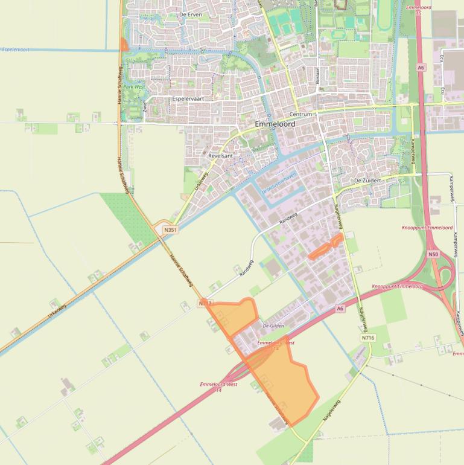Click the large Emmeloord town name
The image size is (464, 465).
coord(275,124)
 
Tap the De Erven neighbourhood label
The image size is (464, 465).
coord(190,14)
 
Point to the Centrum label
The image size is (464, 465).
coord(300,114)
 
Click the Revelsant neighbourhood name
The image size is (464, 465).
coord(220,155)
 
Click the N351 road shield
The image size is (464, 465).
coord(170,229)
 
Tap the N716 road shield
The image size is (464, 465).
coord(368,338)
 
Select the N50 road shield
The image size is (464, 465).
coord(433,254)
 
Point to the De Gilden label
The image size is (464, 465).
coord(273,325)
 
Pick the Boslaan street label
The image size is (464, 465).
coord(317,75)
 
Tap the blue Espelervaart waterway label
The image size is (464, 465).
coord(16,49)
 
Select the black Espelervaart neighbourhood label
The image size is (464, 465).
coord(188,98)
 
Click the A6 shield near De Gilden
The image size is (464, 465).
coord(340,309)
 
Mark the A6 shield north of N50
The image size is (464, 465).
coord(421,68)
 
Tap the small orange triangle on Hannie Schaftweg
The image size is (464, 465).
coord(124,45)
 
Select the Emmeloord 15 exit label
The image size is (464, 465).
coord(419,10)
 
